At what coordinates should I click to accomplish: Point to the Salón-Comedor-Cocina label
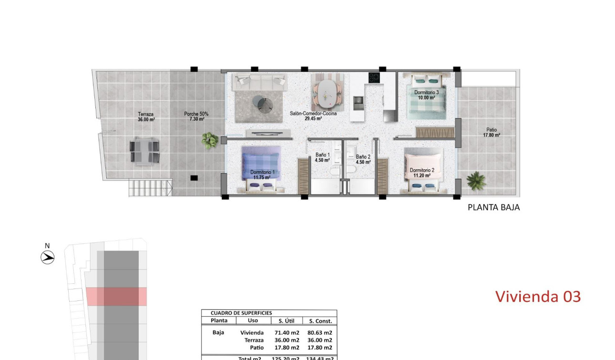tap(313, 116)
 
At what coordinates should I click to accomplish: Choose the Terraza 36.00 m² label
tap(146, 117)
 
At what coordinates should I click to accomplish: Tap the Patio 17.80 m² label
tap(491, 132)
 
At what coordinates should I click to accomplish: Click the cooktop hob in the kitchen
tap(373, 78)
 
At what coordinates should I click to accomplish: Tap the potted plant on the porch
tap(209, 140)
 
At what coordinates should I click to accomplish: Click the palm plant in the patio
tap(475, 181)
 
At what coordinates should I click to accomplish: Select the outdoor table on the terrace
tap(144, 151)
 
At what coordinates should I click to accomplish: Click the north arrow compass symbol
tap(47, 257)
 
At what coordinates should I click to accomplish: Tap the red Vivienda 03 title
tap(538, 296)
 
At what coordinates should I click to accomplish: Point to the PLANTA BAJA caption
tap(493, 207)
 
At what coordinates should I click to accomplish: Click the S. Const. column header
tap(320, 321)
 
